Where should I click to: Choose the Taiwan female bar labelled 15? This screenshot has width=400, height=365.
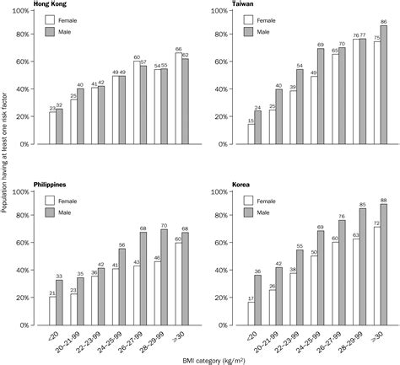click(251, 134)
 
